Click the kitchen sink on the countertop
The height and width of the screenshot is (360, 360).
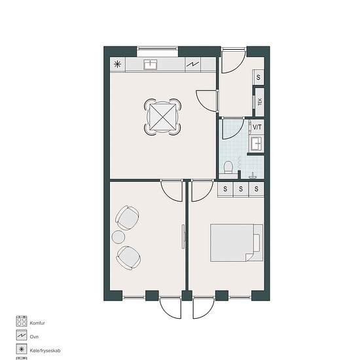[150, 65]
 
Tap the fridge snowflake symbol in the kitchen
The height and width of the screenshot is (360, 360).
[118, 64]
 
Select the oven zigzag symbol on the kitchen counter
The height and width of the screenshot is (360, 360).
[193, 65]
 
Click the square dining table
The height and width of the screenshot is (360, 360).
[162, 117]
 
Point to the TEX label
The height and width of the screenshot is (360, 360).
[260, 101]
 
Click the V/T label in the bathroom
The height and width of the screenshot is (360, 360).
[257, 127]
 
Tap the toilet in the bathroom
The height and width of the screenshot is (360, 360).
[228, 167]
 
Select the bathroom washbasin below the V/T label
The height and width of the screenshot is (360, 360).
[257, 144]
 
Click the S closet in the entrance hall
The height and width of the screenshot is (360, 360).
[259, 77]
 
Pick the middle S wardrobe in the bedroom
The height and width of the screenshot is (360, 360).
[241, 189]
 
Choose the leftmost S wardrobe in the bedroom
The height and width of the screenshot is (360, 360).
[225, 189]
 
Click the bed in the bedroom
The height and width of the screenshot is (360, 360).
[237, 243]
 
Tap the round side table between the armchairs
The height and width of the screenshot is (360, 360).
[118, 237]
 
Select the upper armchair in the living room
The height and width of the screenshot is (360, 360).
[127, 217]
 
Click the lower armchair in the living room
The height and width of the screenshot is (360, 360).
[128, 258]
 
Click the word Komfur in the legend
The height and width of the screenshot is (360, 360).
[37, 323]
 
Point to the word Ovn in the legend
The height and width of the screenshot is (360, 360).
[34, 337]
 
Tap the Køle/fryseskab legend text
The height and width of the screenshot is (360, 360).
[45, 351]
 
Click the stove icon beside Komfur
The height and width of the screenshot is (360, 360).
[22, 321]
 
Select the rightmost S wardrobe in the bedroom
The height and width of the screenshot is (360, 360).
[257, 189]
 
